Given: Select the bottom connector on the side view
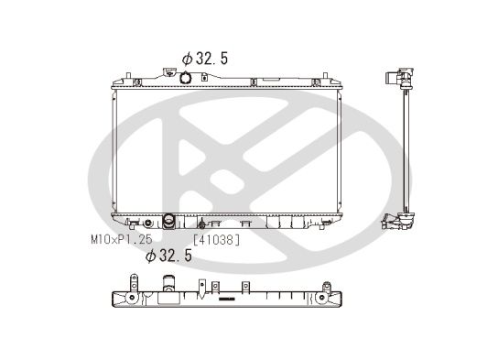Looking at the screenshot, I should pyautogui.click(x=396, y=221).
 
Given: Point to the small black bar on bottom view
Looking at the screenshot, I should pyautogui.click(x=226, y=300).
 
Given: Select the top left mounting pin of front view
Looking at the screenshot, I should pyautogui.click(x=121, y=71).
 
